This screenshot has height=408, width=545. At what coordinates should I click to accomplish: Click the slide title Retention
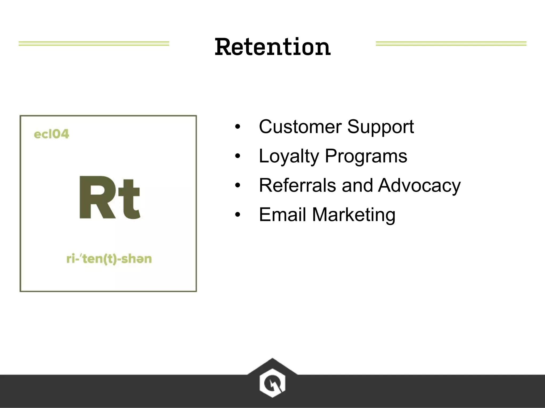(272, 47)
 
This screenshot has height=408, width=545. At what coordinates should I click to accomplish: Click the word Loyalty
(289, 157)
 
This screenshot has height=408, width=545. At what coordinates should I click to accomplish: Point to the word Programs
(366, 157)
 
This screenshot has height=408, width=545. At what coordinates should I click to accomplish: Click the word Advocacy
(419, 186)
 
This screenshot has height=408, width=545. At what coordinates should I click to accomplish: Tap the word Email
(282, 215)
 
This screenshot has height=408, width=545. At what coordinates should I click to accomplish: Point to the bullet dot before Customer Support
(237, 127)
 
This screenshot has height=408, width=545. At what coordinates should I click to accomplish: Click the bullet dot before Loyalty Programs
(237, 156)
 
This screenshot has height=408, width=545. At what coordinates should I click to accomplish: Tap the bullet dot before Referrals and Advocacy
(237, 185)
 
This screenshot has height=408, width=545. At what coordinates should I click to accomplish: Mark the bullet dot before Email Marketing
(237, 215)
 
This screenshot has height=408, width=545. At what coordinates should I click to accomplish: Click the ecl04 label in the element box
(51, 134)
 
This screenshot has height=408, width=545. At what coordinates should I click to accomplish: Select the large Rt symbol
(109, 197)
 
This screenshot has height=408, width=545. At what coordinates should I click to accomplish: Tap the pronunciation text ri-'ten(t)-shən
(109, 259)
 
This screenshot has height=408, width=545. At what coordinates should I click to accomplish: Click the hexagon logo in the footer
(272, 382)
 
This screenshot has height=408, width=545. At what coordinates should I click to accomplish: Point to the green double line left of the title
(94, 44)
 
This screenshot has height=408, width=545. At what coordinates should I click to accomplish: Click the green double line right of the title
(451, 44)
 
